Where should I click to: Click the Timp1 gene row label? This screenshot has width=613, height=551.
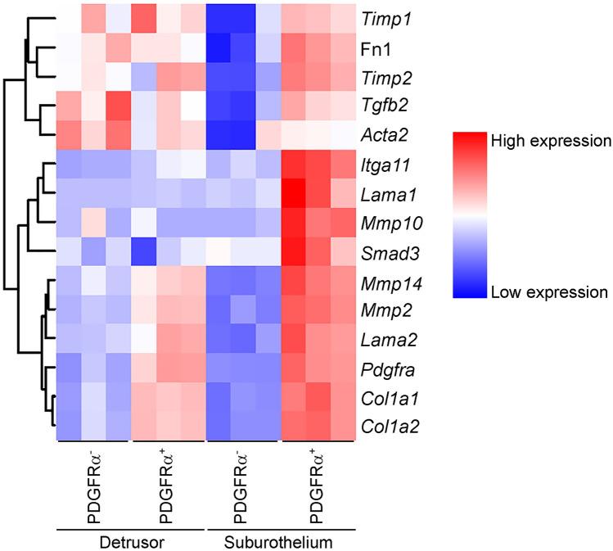[x=385, y=16]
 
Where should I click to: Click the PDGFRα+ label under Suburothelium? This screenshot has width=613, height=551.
[x=318, y=484]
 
